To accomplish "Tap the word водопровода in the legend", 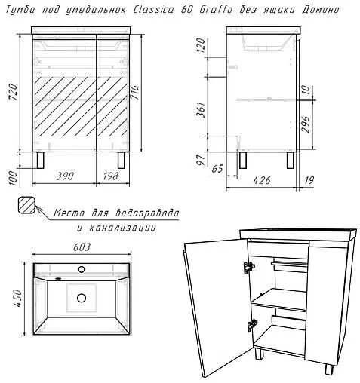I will pos(144,213).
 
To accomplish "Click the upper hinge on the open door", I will pos(246,268).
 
